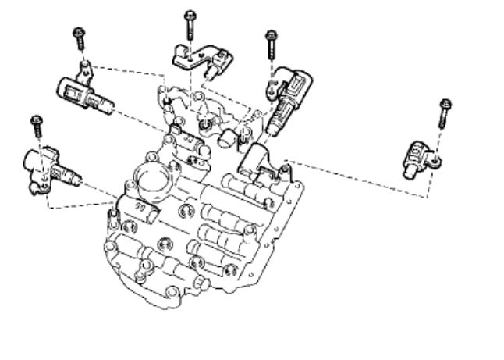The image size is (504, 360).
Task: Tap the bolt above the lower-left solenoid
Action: coord(35,127)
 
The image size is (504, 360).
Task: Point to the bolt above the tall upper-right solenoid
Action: coord(272,42)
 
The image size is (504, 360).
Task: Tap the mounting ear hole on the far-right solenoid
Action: coord(435,162)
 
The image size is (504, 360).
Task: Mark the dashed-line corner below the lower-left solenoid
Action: coord(48,209)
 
